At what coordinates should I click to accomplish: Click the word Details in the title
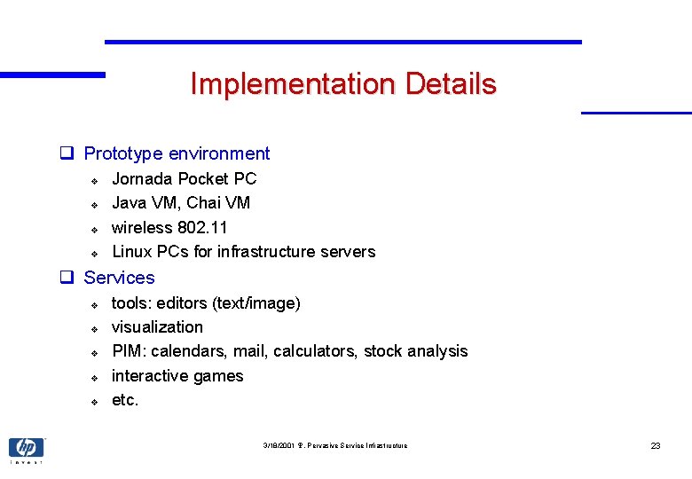point(451,84)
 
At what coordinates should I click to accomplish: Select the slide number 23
point(656,445)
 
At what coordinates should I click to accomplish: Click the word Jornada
point(142,179)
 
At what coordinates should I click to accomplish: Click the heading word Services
point(119,278)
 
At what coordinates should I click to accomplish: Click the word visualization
point(157,327)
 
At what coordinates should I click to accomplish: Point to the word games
point(217,376)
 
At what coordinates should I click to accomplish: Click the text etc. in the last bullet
point(125,400)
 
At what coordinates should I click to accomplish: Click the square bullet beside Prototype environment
point(66,153)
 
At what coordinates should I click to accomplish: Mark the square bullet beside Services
point(66,278)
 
